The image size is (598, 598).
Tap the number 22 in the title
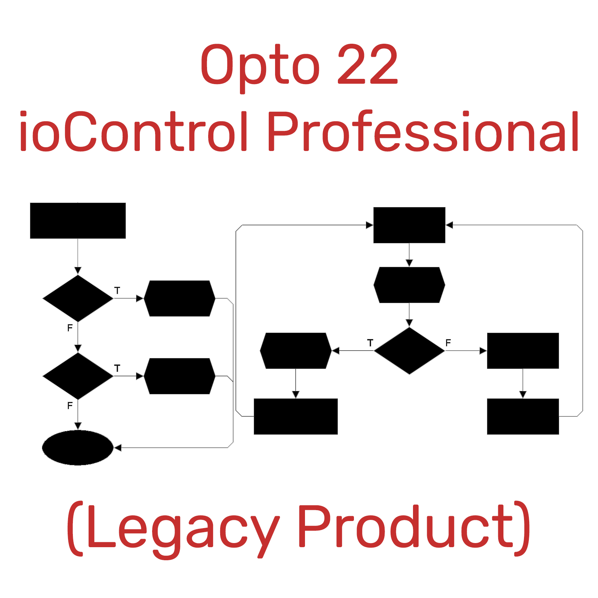click(x=368, y=64)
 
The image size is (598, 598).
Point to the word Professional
click(x=423, y=131)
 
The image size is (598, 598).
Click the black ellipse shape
click(x=78, y=447)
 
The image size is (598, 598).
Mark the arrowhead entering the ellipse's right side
click(x=117, y=447)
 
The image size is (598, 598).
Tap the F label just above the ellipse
click(x=70, y=406)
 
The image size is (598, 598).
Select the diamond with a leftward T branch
click(x=409, y=351)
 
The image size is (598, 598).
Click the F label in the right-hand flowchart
click(x=448, y=342)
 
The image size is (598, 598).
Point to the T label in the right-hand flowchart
click(x=370, y=342)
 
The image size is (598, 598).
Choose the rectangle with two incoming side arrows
click(x=409, y=225)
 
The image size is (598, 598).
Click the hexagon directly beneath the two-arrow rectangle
click(x=409, y=285)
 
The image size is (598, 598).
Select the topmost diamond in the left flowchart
click(x=78, y=298)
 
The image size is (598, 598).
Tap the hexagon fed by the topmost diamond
click(x=179, y=298)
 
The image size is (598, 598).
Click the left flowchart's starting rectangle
click(x=78, y=221)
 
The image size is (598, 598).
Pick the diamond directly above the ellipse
click(x=78, y=376)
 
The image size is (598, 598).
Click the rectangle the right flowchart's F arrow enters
click(x=523, y=351)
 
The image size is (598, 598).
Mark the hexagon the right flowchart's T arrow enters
click(x=296, y=351)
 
